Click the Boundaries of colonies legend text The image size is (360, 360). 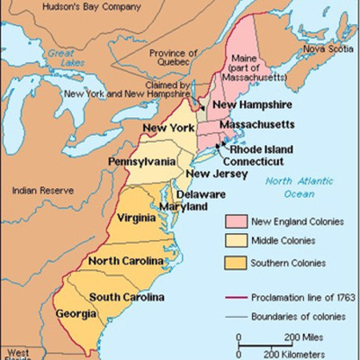(302, 316)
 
